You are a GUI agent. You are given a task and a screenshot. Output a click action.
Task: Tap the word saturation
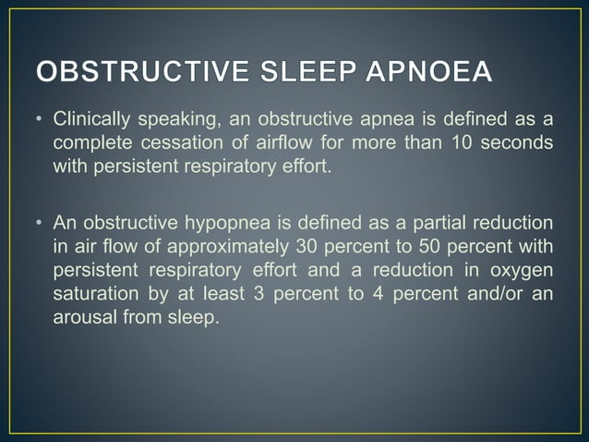coord(91,293)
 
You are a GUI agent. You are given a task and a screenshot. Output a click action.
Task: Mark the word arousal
coord(84,317)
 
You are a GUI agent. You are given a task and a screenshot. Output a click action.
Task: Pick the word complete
coord(90,143)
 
